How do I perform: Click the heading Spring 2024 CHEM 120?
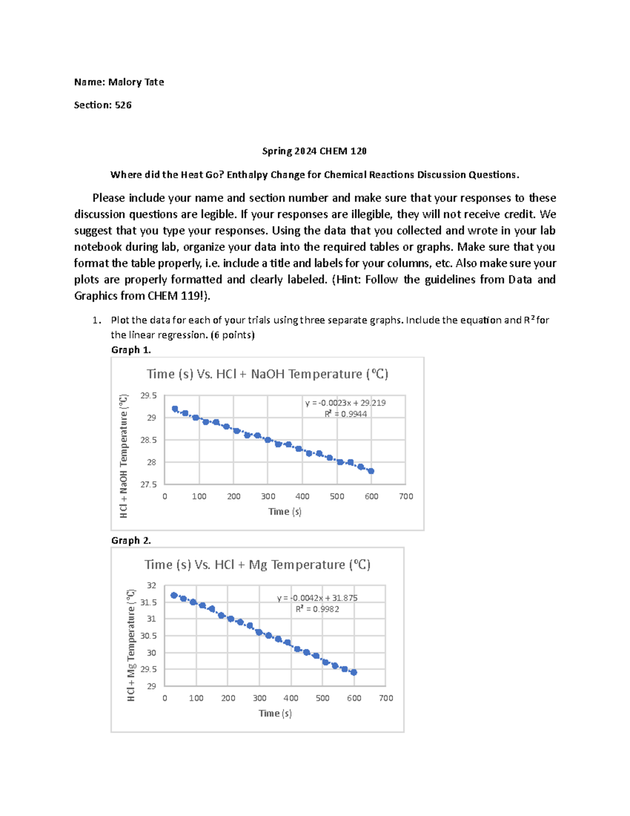(x=314, y=151)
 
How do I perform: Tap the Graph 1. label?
(x=131, y=350)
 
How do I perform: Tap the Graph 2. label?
(x=131, y=540)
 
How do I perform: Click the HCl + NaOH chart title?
(x=267, y=374)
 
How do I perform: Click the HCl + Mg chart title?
(x=257, y=565)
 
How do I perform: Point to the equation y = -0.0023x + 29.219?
(x=345, y=403)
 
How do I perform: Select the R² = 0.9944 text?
(x=345, y=414)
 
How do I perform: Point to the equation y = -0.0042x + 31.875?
(x=317, y=598)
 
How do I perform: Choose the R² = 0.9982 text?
(x=317, y=609)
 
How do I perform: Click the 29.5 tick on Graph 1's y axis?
(x=149, y=396)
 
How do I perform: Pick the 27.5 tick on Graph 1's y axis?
(x=149, y=484)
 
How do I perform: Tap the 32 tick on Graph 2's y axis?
(x=151, y=585)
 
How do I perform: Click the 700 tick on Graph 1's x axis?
(x=406, y=497)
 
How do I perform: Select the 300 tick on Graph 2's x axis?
(x=259, y=698)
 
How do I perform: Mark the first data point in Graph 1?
(x=175, y=409)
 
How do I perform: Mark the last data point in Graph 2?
(x=354, y=673)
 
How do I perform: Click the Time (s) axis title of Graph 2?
(x=275, y=714)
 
